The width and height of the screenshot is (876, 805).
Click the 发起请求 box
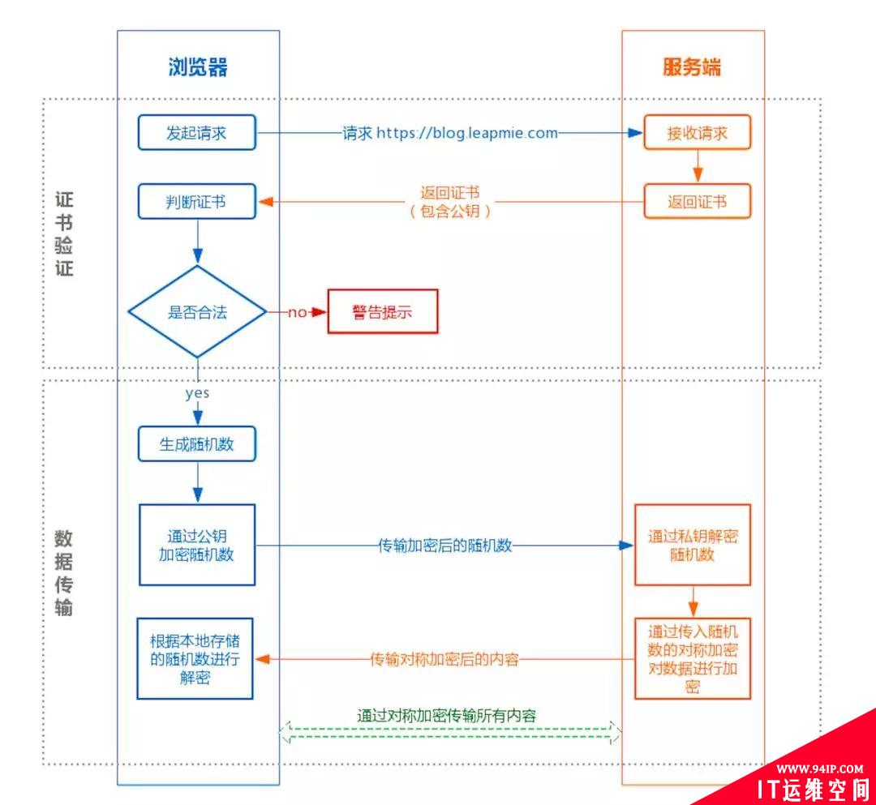point(196,132)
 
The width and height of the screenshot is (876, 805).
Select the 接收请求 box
point(698,133)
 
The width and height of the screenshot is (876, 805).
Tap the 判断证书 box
point(196,201)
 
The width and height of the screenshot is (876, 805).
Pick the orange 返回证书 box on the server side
point(698,201)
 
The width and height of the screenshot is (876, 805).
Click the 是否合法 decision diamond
point(197,311)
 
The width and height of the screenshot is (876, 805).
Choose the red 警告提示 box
point(382,311)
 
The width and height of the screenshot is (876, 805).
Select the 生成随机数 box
point(196,443)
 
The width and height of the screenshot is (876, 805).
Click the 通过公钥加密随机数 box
point(196,545)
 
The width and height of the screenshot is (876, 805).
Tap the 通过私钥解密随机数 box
point(693,545)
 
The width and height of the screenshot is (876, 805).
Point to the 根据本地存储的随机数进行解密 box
point(195,658)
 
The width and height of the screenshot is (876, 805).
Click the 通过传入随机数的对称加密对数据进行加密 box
point(693,658)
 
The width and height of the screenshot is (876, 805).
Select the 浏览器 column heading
point(198,67)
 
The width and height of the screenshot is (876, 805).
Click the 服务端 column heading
point(692,67)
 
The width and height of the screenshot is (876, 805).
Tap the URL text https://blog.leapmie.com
point(467,133)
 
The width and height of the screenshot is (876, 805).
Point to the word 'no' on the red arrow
point(297,312)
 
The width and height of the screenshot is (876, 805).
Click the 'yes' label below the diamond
point(197,394)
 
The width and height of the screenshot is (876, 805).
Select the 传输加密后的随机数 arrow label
point(445,545)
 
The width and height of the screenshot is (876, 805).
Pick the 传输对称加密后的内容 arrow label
point(444,659)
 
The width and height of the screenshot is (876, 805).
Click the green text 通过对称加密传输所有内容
point(447,715)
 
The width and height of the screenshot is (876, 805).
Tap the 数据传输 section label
point(64,572)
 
